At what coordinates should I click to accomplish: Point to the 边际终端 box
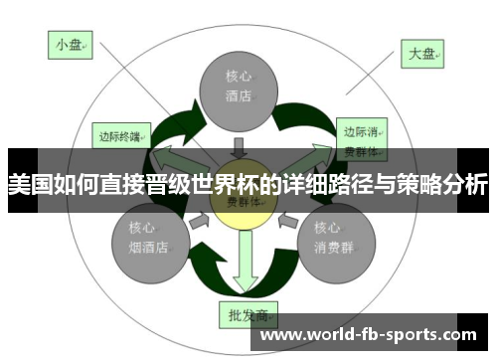click(122, 135)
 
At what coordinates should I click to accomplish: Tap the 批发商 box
click(245, 315)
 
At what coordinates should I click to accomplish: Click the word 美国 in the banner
click(29, 185)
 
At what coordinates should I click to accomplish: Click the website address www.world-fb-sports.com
click(368, 335)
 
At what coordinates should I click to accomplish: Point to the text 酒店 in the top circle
click(239, 97)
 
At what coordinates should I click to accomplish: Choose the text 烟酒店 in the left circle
click(148, 247)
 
